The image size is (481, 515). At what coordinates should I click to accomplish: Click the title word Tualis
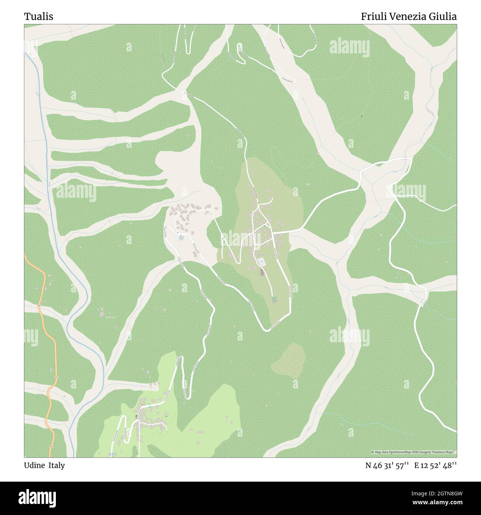(38, 17)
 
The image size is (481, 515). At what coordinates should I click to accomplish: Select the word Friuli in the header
(374, 17)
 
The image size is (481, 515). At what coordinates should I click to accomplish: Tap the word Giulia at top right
(443, 17)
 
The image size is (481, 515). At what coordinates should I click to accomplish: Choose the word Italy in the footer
(56, 465)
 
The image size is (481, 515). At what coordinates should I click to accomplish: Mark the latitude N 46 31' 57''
(387, 465)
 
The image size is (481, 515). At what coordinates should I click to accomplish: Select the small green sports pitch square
(274, 299)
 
